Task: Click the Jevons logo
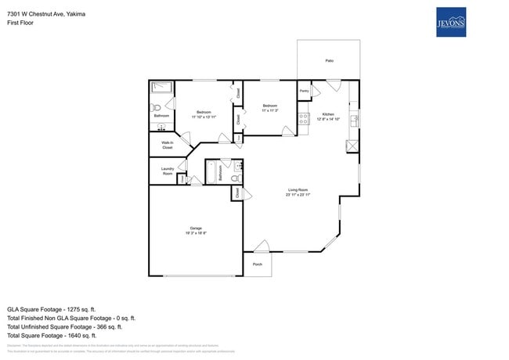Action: pyautogui.click(x=451, y=23)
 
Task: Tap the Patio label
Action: pyautogui.click(x=329, y=60)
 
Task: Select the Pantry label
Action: pyautogui.click(x=304, y=92)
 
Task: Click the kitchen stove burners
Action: pyautogui.click(x=302, y=119)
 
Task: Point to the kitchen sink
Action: pyautogui.click(x=354, y=120)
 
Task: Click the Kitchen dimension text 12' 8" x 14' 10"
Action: pyautogui.click(x=328, y=119)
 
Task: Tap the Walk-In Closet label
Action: pyautogui.click(x=167, y=145)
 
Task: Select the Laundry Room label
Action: pyautogui.click(x=167, y=171)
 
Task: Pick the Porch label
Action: pyautogui.click(x=258, y=265)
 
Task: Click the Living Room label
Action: pyautogui.click(x=298, y=189)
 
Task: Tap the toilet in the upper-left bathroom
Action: pyautogui.click(x=155, y=106)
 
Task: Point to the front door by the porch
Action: pyautogui.click(x=261, y=247)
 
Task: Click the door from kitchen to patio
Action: pyautogui.click(x=331, y=85)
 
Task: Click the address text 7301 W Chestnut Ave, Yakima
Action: pyautogui.click(x=46, y=14)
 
